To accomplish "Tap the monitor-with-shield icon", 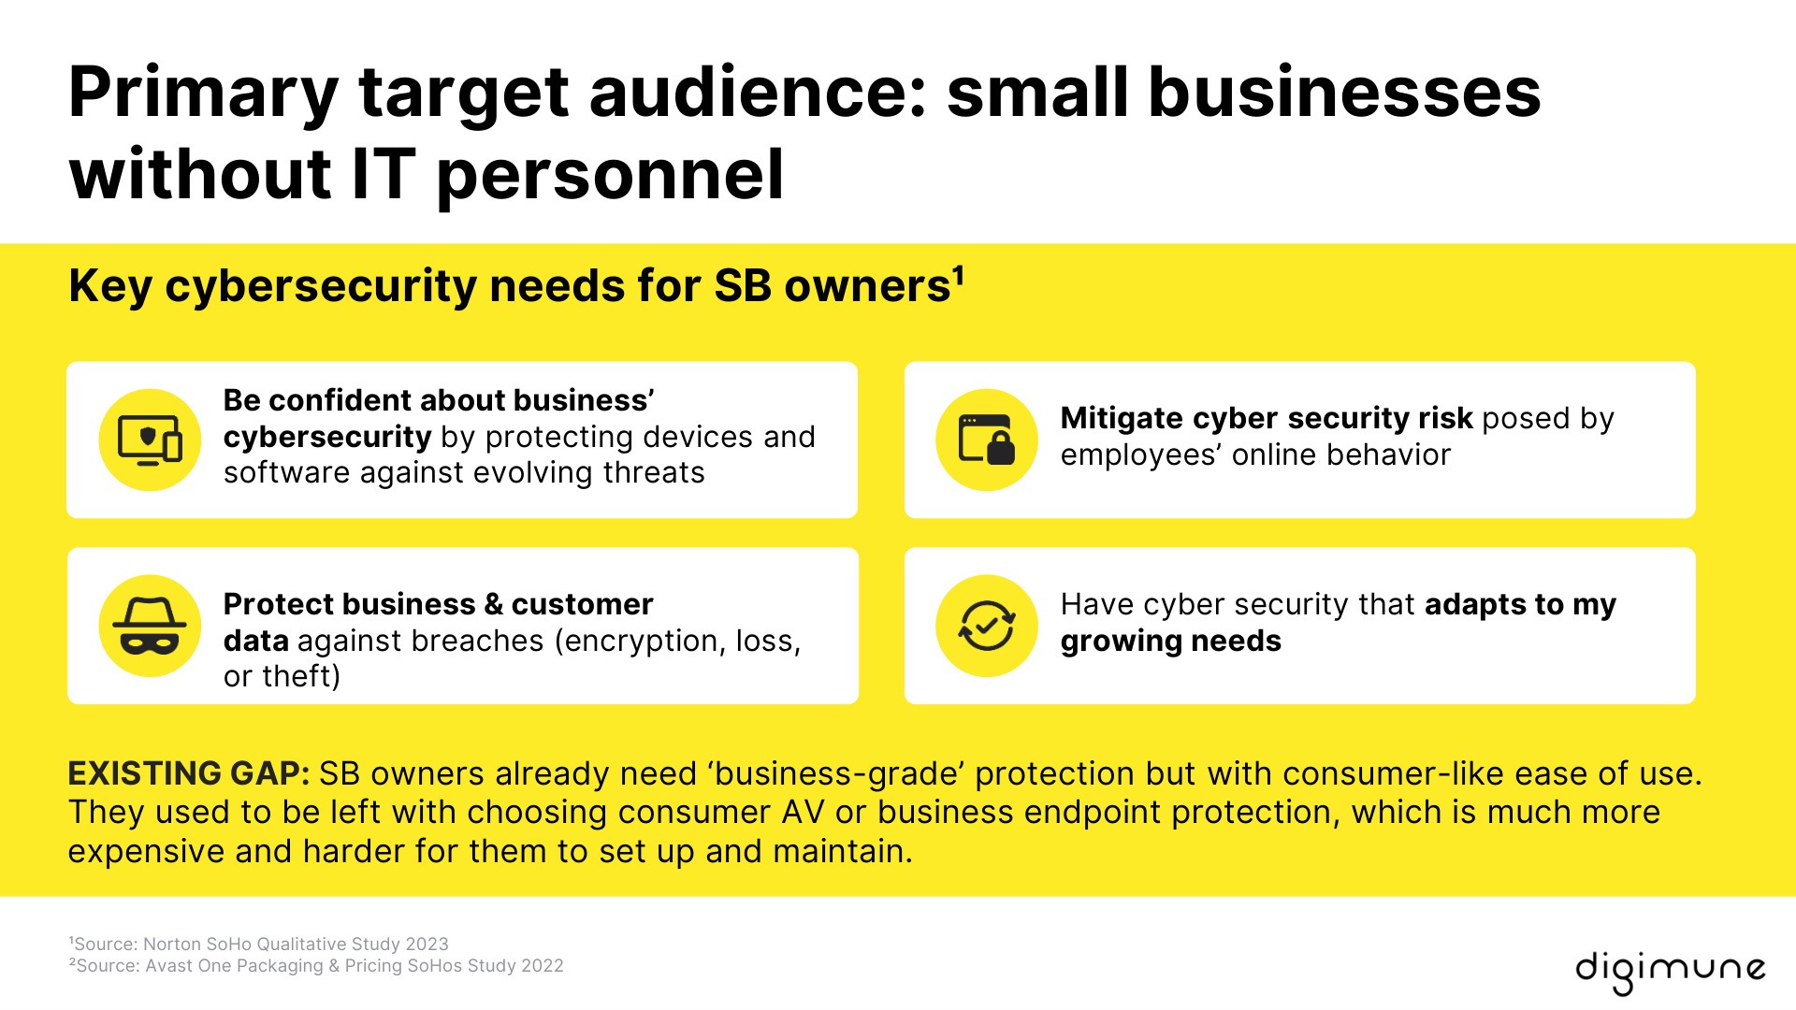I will point(150,440).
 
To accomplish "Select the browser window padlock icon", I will point(987,440).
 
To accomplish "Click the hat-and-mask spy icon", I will point(150,626).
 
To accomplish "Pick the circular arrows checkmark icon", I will point(987,626).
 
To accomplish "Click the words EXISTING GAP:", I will point(189,774).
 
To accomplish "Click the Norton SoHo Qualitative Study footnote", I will point(259,944).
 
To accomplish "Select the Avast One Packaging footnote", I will point(316,965).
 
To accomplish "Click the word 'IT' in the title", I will point(384,175).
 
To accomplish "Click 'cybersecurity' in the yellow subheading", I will point(320,286).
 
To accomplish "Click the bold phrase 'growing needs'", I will point(1170,642).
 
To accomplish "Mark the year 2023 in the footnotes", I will point(427,944).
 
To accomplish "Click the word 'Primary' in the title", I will point(203,93).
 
